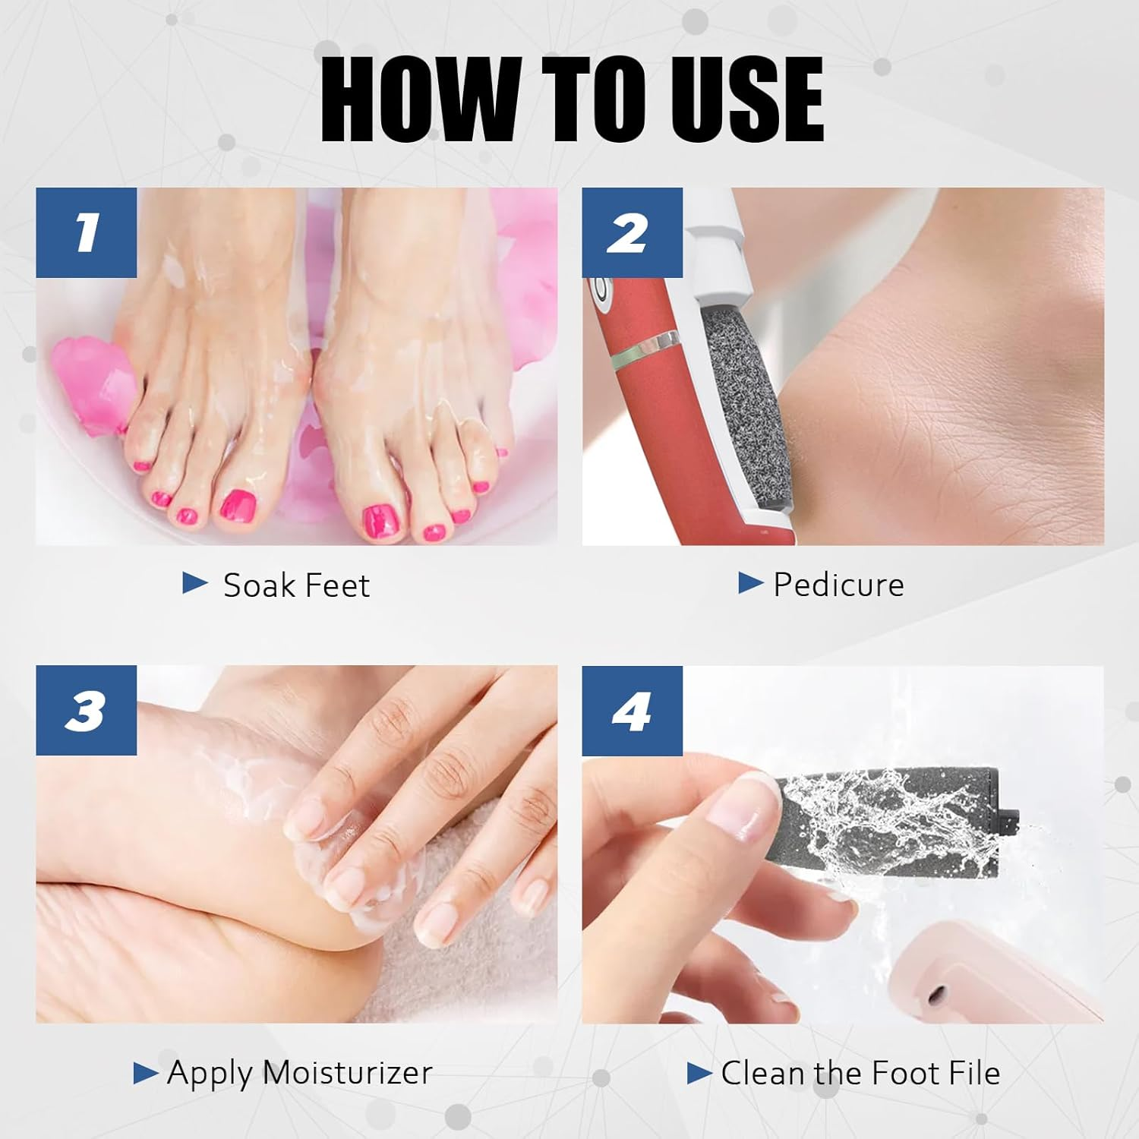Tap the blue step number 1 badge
click(86, 232)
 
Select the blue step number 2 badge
click(632, 232)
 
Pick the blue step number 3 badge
click(86, 711)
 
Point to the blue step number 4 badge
click(632, 711)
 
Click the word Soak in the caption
click(254, 585)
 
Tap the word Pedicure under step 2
click(838, 585)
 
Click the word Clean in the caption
click(764, 1073)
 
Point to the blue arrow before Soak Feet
click(195, 583)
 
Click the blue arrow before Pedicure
click(750, 583)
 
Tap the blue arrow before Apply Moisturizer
click(145, 1073)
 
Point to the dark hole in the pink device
click(938, 992)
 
